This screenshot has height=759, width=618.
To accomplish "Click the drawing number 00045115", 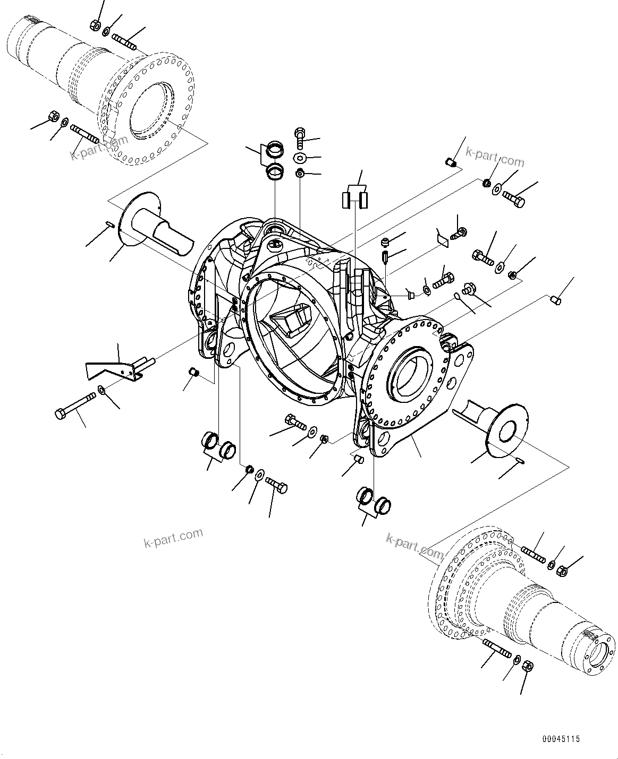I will pos(561,739).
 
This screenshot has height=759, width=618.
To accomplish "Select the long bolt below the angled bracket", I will pos(74,404).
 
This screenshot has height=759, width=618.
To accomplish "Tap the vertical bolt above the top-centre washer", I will pos(301,136).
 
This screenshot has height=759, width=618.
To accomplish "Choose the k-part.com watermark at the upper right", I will pos(494,157).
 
